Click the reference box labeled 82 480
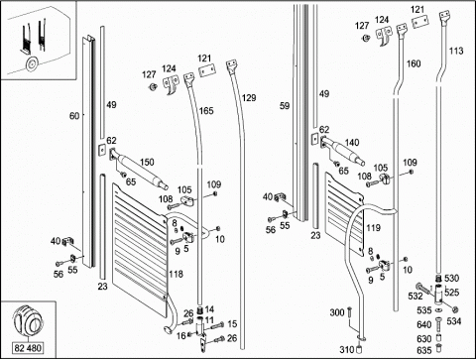(28, 348)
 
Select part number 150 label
(147, 162)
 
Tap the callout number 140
(352, 143)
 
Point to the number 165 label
(206, 111)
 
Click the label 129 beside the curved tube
(249, 98)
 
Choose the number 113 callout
(456, 51)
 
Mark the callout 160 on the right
(414, 63)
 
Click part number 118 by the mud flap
(176, 274)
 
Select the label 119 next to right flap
(373, 228)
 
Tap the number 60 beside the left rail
(74, 116)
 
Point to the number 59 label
(285, 106)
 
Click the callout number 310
(347, 349)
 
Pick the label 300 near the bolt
(337, 312)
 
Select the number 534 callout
(454, 321)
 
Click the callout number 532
(416, 296)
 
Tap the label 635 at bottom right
(424, 350)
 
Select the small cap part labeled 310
(359, 350)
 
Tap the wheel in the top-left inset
(32, 64)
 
